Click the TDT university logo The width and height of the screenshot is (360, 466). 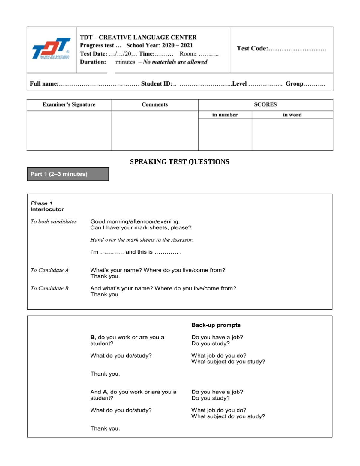tap(51, 48)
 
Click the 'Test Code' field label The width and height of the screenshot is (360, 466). tap(252, 48)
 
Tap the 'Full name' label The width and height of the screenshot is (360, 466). tap(44, 84)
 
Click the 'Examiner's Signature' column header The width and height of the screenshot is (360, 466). tap(69, 104)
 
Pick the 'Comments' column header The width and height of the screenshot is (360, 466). tap(154, 104)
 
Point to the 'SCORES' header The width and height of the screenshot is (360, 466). tap(265, 104)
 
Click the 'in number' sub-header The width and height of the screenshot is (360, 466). tap(225, 115)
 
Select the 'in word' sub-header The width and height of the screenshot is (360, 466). tap(292, 115)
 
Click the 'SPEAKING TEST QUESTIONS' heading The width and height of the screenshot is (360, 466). tap(180, 162)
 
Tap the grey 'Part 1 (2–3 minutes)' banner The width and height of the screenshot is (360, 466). tap(68, 174)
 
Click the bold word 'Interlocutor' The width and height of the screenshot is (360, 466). tap(47, 209)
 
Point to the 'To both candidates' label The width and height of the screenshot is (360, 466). tap(53, 221)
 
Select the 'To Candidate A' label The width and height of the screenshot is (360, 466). tap(49, 270)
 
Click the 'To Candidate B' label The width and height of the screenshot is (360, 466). tap(49, 288)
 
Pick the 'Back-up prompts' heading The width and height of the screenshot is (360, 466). tap(216, 325)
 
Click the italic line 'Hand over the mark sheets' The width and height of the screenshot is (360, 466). tap(142, 240)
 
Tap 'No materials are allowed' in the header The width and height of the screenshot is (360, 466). tap(175, 62)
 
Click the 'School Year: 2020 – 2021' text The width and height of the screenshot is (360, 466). tap(159, 45)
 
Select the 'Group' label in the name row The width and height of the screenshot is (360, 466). tap(294, 84)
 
